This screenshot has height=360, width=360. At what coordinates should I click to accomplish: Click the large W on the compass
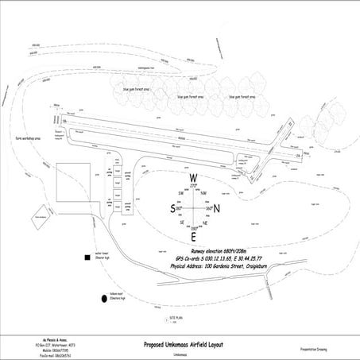pyautogui.click(x=193, y=178)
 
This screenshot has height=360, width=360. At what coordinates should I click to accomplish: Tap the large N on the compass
pyautogui.click(x=216, y=209)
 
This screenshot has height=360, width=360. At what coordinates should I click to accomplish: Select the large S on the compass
pyautogui.click(x=172, y=209)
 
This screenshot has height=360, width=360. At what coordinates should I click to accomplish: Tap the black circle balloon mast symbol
pyautogui.click(x=103, y=299)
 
